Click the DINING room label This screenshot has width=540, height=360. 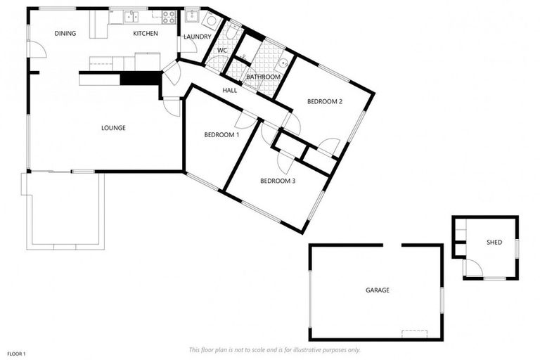[x=65, y=33]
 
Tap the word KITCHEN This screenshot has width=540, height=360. [x=146, y=33]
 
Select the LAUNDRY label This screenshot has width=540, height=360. [x=197, y=37]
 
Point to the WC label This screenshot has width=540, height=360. [x=221, y=50]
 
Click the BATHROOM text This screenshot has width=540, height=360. [x=264, y=77]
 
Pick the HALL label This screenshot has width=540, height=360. [x=230, y=90]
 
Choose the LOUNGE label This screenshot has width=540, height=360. [x=113, y=128]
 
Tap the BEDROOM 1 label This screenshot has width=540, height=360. [x=221, y=134]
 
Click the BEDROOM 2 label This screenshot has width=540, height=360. [x=325, y=102]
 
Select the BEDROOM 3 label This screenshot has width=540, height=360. [x=278, y=181]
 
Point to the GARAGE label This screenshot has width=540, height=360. [x=377, y=290]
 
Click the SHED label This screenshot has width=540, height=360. [x=494, y=243]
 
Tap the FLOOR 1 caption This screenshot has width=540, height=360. [x=16, y=353]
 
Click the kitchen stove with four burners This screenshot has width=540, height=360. [x=169, y=15]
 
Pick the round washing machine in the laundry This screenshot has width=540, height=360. [x=207, y=20]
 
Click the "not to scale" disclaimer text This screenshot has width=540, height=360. [x=275, y=349]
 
